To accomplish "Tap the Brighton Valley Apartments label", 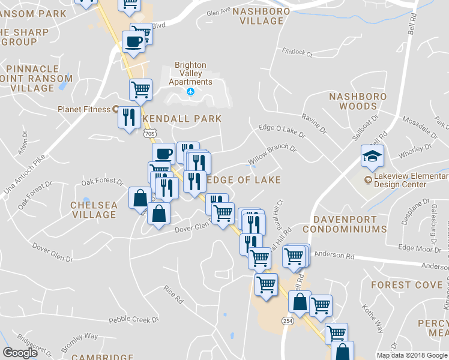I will tap(190, 74).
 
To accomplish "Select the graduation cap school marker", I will tap(372, 157).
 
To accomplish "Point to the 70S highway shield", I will tap(149, 133).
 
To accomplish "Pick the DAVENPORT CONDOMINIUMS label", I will tap(345, 224).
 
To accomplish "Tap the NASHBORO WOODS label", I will tap(353, 101).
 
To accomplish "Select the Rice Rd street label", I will tap(173, 293).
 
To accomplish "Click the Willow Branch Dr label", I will tap(273, 155).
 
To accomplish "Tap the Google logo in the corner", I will tap(20, 353).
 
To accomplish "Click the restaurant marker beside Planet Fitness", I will tap(129, 117).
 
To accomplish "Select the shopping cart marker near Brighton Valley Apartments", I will tap(140, 90).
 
